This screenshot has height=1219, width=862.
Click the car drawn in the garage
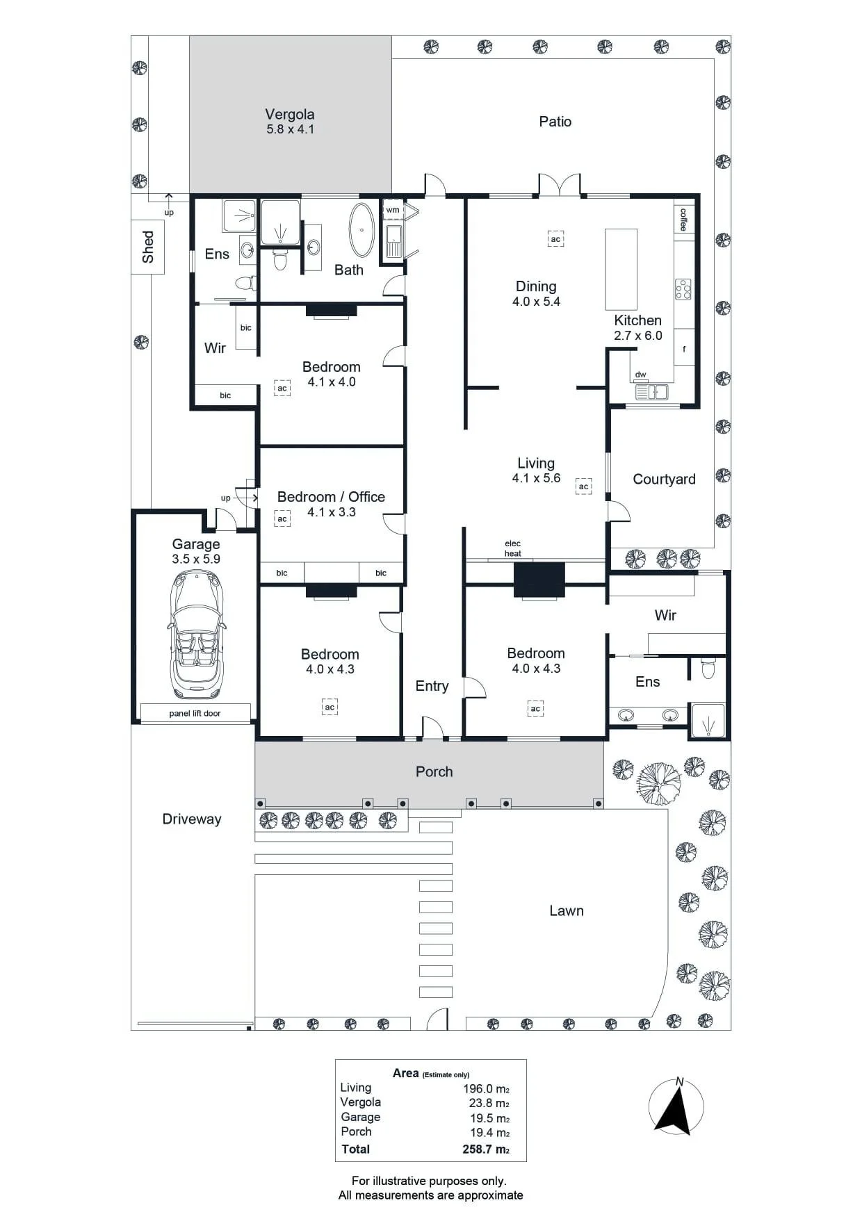197,634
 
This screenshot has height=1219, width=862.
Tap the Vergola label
290,114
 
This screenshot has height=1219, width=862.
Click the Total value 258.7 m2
486,1149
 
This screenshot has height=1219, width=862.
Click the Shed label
147,247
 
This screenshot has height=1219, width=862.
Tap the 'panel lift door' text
195,713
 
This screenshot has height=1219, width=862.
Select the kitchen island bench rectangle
621,269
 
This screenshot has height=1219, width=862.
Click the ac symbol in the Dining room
555,239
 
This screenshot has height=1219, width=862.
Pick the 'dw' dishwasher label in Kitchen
640,375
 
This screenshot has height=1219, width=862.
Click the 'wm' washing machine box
393,210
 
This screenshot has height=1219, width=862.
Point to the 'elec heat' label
513,548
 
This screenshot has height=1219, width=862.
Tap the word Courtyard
664,479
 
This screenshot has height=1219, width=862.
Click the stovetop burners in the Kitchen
683,289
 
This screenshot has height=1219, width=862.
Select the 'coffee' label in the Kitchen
683,220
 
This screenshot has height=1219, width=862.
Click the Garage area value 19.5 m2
489,1118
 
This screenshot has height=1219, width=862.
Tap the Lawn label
567,910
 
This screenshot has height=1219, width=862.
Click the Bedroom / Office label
331,496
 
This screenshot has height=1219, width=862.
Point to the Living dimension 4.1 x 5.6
536,478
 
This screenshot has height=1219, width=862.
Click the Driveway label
192,819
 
